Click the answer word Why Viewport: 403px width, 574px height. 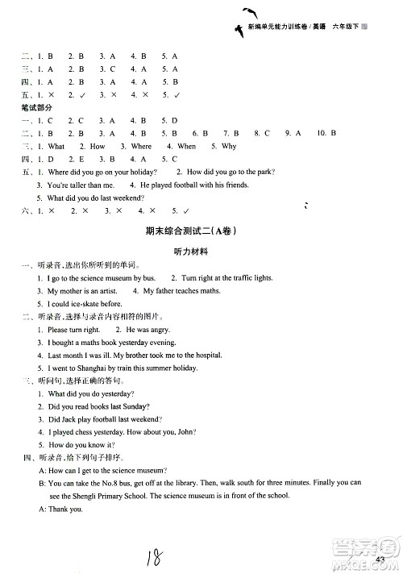(229, 147)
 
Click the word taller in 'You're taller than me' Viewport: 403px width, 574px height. (85, 185)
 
